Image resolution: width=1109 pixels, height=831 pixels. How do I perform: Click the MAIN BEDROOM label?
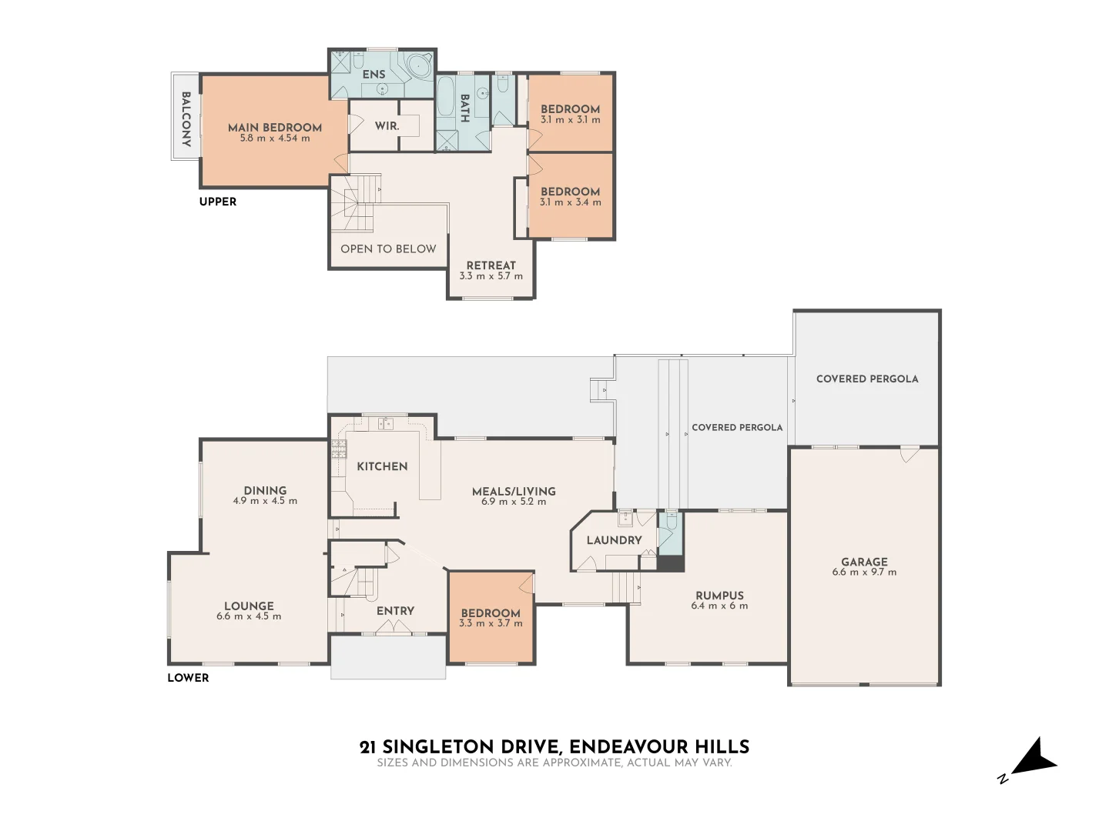coord(275,128)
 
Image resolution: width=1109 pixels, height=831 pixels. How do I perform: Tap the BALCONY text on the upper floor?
coord(186,119)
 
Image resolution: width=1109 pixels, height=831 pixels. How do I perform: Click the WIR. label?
coord(387,125)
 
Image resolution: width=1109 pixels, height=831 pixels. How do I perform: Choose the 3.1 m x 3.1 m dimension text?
coord(570,120)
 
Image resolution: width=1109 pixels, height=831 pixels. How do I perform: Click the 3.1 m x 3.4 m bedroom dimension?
coord(570,202)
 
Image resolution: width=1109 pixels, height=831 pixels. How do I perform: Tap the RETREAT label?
coord(491,265)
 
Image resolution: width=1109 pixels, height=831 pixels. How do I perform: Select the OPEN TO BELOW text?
coord(388,249)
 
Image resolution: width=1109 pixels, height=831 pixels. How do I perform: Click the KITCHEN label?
coord(382,466)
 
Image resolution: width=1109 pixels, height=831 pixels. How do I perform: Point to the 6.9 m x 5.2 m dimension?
coord(514,502)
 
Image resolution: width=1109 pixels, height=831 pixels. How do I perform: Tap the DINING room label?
coord(265,490)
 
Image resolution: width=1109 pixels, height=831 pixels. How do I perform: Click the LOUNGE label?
coord(249,606)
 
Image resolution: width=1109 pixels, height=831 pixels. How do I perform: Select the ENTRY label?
coord(395,610)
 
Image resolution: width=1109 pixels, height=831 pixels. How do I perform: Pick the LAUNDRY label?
coord(614,540)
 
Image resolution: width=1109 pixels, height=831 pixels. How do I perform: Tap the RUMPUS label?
coord(719,595)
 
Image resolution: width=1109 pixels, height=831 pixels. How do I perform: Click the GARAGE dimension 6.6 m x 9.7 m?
coord(864,572)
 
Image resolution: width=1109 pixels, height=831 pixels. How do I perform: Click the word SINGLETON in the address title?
coord(438,746)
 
